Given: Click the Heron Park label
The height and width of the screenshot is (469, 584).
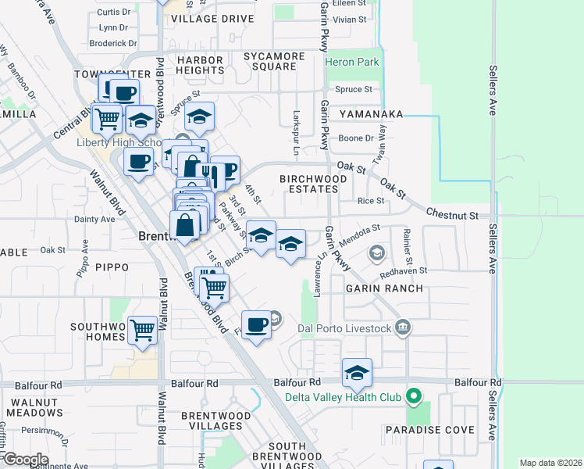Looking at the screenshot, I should [x=351, y=62].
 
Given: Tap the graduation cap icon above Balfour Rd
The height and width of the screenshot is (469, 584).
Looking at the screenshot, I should [x=357, y=373].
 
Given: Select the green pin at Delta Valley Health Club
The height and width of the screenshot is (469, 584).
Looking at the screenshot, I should [x=415, y=397].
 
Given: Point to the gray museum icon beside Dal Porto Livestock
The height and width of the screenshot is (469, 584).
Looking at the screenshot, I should [x=402, y=327].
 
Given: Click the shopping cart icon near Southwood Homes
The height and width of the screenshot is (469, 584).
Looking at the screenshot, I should [x=143, y=330].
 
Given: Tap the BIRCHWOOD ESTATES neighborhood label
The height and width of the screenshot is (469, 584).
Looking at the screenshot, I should [x=313, y=184].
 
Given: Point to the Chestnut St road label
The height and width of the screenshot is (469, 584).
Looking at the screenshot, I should [x=452, y=213].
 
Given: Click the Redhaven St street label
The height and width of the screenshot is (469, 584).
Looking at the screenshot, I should [x=404, y=270].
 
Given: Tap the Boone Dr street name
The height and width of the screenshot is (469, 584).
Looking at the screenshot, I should [x=356, y=138].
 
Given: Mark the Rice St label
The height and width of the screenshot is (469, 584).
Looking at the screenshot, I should [x=370, y=201].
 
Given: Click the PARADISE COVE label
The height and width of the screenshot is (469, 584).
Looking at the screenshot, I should [x=429, y=430].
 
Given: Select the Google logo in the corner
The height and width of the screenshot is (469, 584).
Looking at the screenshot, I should [x=25, y=460].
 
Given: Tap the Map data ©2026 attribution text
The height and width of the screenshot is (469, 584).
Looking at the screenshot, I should [x=550, y=463].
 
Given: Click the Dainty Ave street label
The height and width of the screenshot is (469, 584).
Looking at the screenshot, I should [x=94, y=220].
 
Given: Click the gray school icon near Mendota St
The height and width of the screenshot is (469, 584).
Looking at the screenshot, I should [x=377, y=252].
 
